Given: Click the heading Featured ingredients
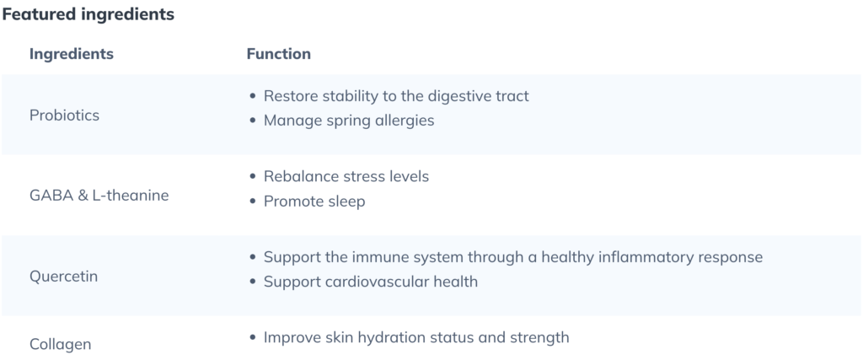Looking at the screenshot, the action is [x=88, y=15].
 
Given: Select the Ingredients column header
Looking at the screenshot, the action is [x=72, y=54].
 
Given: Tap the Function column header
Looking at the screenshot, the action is [x=278, y=54].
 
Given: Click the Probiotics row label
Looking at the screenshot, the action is [x=64, y=116].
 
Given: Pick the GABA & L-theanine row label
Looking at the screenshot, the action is [x=99, y=196].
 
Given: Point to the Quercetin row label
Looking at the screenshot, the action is [x=63, y=277].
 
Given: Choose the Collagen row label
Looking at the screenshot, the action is [x=60, y=345].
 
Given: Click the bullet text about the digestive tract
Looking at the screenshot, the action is [x=396, y=96].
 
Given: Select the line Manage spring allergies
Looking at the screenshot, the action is [x=349, y=121].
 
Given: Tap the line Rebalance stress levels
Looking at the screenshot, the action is [x=346, y=177].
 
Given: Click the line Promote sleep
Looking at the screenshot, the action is [x=314, y=201].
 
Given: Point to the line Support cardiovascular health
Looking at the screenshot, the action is [x=371, y=282].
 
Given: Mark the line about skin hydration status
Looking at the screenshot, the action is [x=416, y=337].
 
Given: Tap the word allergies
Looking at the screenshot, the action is [x=405, y=121].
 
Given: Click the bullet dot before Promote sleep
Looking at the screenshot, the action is [x=253, y=201].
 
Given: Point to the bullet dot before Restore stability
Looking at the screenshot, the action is [x=253, y=96].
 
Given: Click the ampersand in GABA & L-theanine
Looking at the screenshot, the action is [x=83, y=196].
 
